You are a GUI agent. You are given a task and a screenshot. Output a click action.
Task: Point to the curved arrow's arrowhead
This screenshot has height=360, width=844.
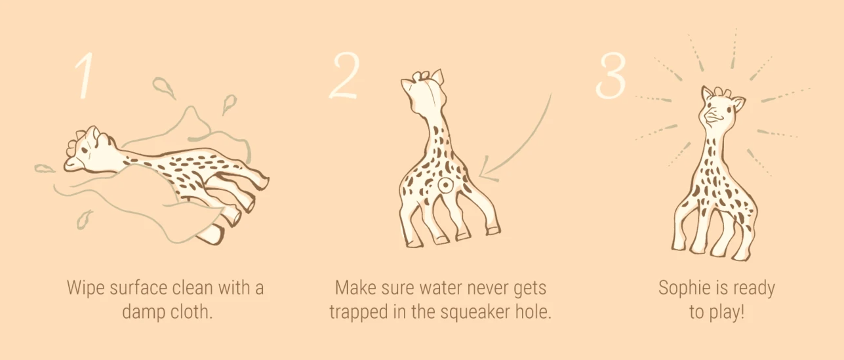[x=486, y=172]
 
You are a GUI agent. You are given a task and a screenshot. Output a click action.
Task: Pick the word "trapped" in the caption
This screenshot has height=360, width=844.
[x=358, y=311]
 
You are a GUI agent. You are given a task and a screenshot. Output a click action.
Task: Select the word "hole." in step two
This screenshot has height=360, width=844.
[x=532, y=311]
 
